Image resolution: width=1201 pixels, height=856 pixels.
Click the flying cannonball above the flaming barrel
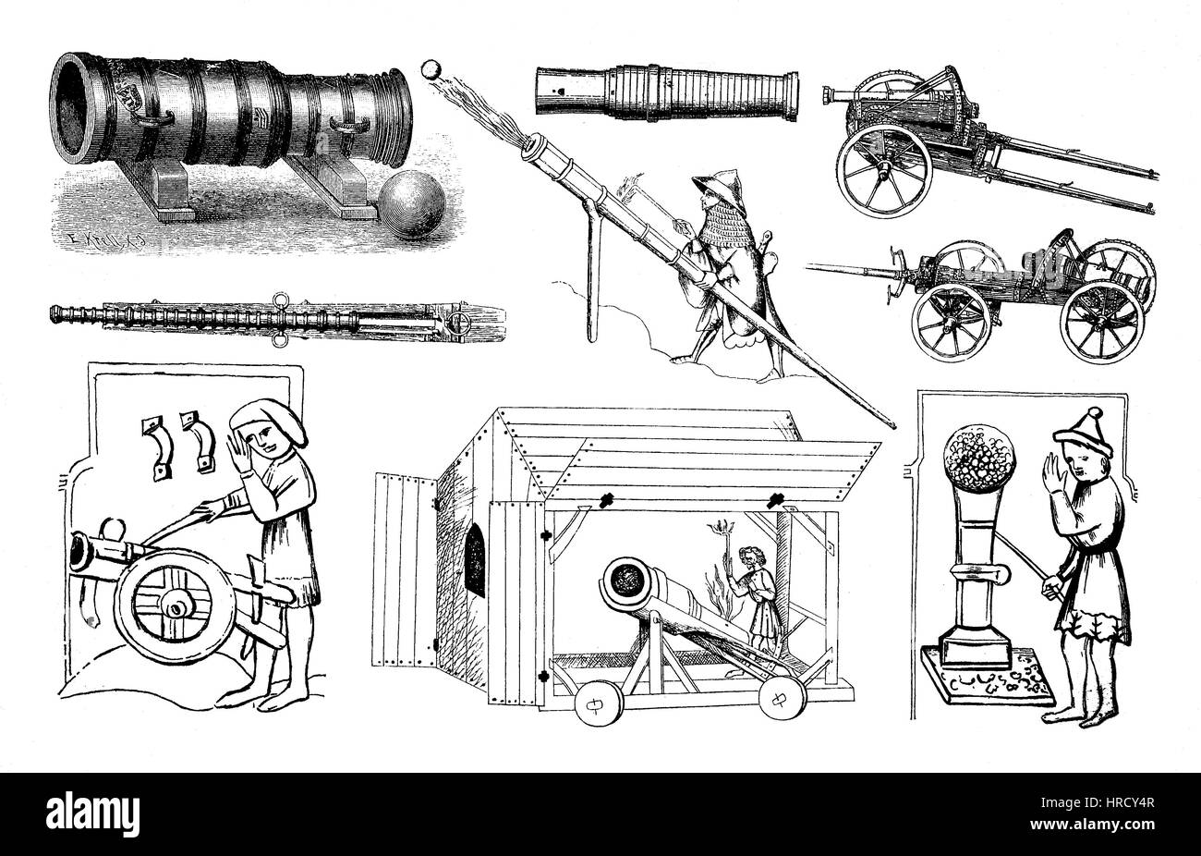pyautogui.click(x=431, y=68)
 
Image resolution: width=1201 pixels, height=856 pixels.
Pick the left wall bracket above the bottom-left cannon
pyautogui.click(x=153, y=444)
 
